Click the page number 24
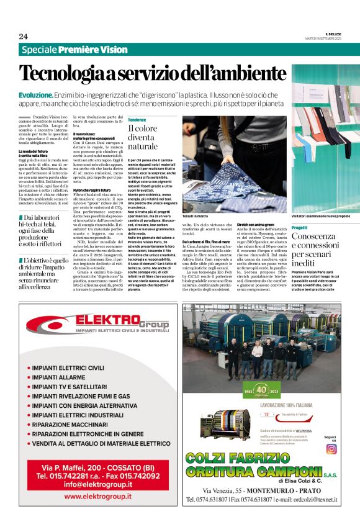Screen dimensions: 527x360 [x=23, y=36]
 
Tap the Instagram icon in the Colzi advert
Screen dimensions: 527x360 [x=331, y=448]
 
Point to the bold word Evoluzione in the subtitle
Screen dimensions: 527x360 [x=36, y=95]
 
